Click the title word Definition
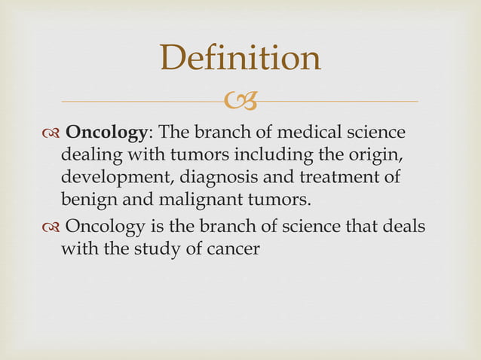[x=240, y=59]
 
